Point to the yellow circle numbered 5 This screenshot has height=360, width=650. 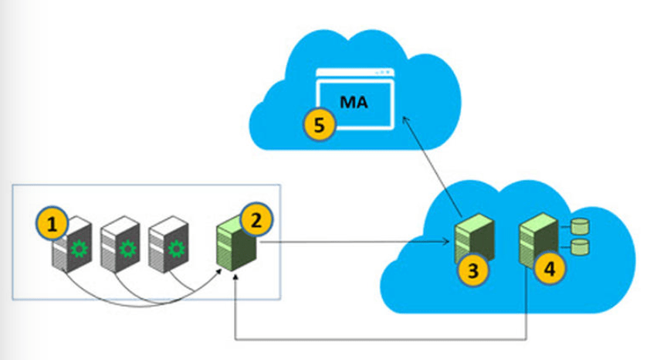(x=319, y=124)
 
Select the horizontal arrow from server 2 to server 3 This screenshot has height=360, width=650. (x=355, y=243)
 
